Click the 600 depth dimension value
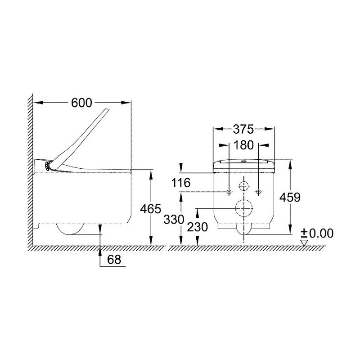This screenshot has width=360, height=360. [x=81, y=103]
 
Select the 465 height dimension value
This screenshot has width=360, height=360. [x=151, y=209]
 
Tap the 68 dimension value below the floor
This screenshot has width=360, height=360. [x=114, y=260]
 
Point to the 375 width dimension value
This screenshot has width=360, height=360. [x=243, y=129]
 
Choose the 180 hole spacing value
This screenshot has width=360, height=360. [x=243, y=145]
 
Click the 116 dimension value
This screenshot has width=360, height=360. [x=181, y=183]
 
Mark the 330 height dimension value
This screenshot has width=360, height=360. [x=174, y=220]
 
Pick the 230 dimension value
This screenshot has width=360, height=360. [x=197, y=227]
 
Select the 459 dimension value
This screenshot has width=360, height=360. [x=290, y=197]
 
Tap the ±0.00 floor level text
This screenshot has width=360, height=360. [x=317, y=234]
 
